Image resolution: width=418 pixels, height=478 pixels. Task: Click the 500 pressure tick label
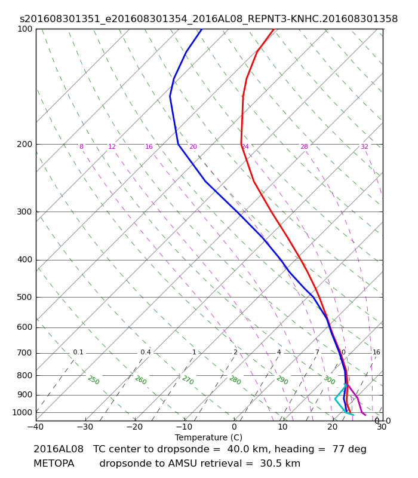[24, 297]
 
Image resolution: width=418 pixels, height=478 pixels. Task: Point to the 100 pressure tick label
[24, 29]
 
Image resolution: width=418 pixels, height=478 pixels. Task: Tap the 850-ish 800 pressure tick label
[24, 376]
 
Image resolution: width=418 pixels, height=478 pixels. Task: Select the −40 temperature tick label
[36, 427]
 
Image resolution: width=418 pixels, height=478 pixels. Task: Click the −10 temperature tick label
[185, 427]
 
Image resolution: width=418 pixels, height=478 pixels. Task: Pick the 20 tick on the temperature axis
[333, 427]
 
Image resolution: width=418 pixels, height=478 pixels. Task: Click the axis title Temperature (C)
[208, 437]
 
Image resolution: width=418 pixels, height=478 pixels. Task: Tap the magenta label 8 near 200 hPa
[81, 146]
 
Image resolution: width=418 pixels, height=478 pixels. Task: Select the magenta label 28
[305, 146]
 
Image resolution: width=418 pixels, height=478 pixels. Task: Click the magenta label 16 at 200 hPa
[149, 146]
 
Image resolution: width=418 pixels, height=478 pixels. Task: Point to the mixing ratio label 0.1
[78, 352]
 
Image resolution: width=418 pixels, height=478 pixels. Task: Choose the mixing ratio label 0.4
[146, 352]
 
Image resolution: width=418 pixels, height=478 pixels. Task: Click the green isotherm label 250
[94, 380]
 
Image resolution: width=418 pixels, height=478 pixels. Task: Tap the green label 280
[235, 380]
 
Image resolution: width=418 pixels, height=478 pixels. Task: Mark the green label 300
[330, 380]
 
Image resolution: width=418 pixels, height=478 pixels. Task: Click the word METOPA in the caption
[54, 464]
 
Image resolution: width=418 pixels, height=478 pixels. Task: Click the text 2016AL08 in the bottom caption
[58, 449]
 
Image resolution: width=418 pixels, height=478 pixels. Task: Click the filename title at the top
[208, 19]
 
